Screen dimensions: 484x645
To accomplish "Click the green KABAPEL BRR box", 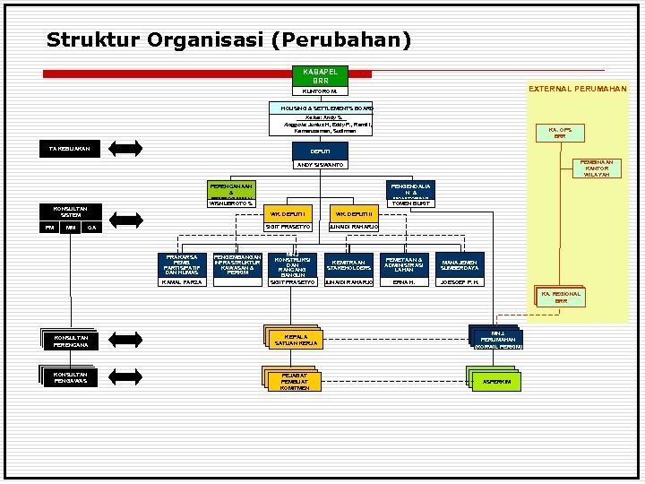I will click(x=320, y=75).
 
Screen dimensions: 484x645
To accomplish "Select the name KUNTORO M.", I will click(x=320, y=91).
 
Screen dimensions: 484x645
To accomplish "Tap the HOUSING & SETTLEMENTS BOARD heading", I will click(x=320, y=108).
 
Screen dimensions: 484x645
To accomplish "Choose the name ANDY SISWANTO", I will click(x=320, y=165).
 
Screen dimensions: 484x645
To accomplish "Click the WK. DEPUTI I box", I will click(x=289, y=214).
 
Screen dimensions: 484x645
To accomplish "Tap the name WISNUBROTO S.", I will click(x=231, y=203).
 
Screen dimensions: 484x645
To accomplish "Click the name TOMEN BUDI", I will click(x=408, y=203).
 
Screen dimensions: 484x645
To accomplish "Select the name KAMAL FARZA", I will click(x=182, y=282).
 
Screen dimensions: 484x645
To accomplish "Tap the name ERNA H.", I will click(x=404, y=282).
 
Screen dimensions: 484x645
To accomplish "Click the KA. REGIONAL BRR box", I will click(x=560, y=298).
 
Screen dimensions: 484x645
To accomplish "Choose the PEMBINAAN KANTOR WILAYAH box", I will click(x=598, y=169).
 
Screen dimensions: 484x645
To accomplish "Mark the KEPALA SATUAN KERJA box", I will click(x=296, y=340).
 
